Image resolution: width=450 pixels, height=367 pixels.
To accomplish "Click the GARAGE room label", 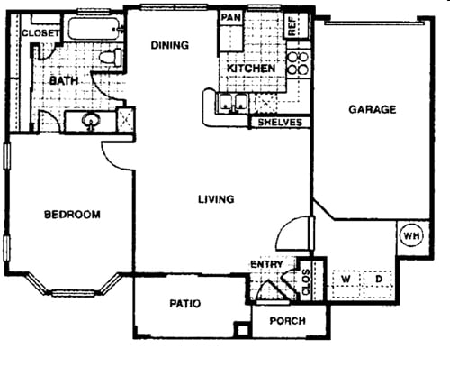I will [372, 110].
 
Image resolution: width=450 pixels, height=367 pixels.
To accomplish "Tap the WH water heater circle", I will [411, 235].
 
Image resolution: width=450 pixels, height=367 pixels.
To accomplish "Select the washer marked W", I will [346, 280].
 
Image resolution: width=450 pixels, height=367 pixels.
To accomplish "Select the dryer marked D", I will [378, 280].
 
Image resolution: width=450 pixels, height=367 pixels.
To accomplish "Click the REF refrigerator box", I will [293, 25].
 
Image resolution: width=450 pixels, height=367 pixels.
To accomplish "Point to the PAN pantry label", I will [230, 17].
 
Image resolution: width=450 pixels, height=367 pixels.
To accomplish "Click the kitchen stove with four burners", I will [296, 65].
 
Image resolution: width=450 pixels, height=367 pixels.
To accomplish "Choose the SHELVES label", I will [279, 122].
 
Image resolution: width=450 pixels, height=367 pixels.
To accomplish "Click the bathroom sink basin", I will [91, 120].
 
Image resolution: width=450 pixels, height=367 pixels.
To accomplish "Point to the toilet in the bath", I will [109, 57].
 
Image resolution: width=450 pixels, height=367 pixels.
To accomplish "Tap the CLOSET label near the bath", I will [40, 33].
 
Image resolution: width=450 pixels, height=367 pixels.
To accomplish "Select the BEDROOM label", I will [72, 215].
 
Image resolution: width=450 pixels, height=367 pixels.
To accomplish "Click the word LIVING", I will [216, 199].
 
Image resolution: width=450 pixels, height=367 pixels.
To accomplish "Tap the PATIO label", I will [185, 304].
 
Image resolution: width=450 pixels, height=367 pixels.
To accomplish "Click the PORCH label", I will [287, 321].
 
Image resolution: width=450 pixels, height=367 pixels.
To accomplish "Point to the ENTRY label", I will [266, 263].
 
